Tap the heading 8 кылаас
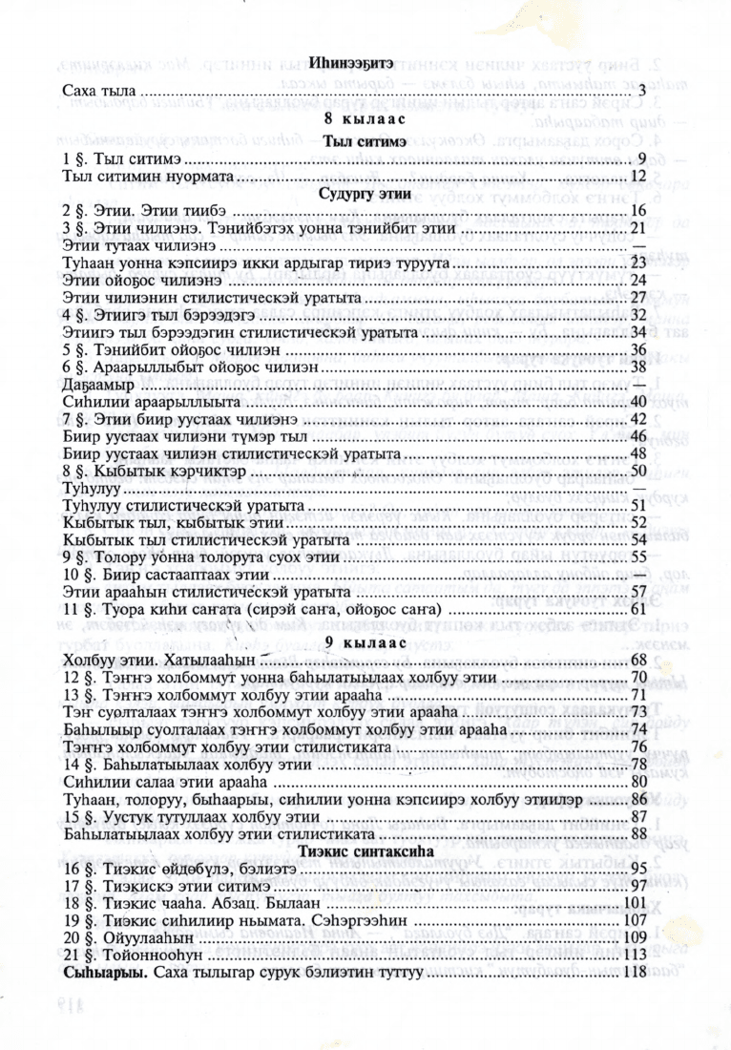(x=352, y=118)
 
